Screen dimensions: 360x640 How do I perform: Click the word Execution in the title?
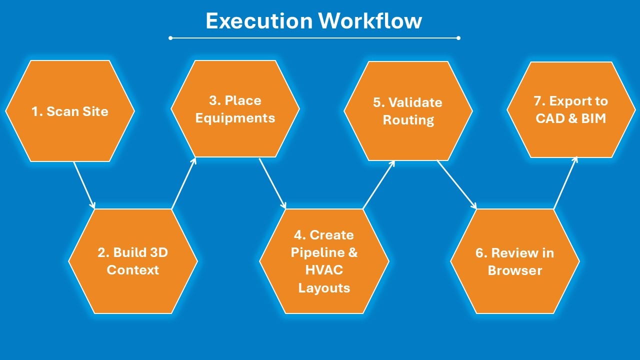[259, 21]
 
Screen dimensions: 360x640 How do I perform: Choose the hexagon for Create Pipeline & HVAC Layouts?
[324, 261]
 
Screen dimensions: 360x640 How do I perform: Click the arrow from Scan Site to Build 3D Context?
[84, 184]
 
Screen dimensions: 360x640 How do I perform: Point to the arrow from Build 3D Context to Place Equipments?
[183, 183]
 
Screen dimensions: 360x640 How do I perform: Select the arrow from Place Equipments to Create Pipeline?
[272, 183]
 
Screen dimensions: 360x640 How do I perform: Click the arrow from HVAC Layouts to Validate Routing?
[378, 184]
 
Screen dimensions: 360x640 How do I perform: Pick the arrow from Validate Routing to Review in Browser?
[456, 184]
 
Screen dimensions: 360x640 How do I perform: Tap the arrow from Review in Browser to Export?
[565, 182]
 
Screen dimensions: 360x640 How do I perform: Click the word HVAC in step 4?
[324, 270]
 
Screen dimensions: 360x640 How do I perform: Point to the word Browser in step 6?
[515, 270]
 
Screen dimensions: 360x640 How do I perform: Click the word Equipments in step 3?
[235, 118]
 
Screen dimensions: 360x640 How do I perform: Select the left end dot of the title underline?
[170, 38]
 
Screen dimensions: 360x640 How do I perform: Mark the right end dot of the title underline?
[458, 38]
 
